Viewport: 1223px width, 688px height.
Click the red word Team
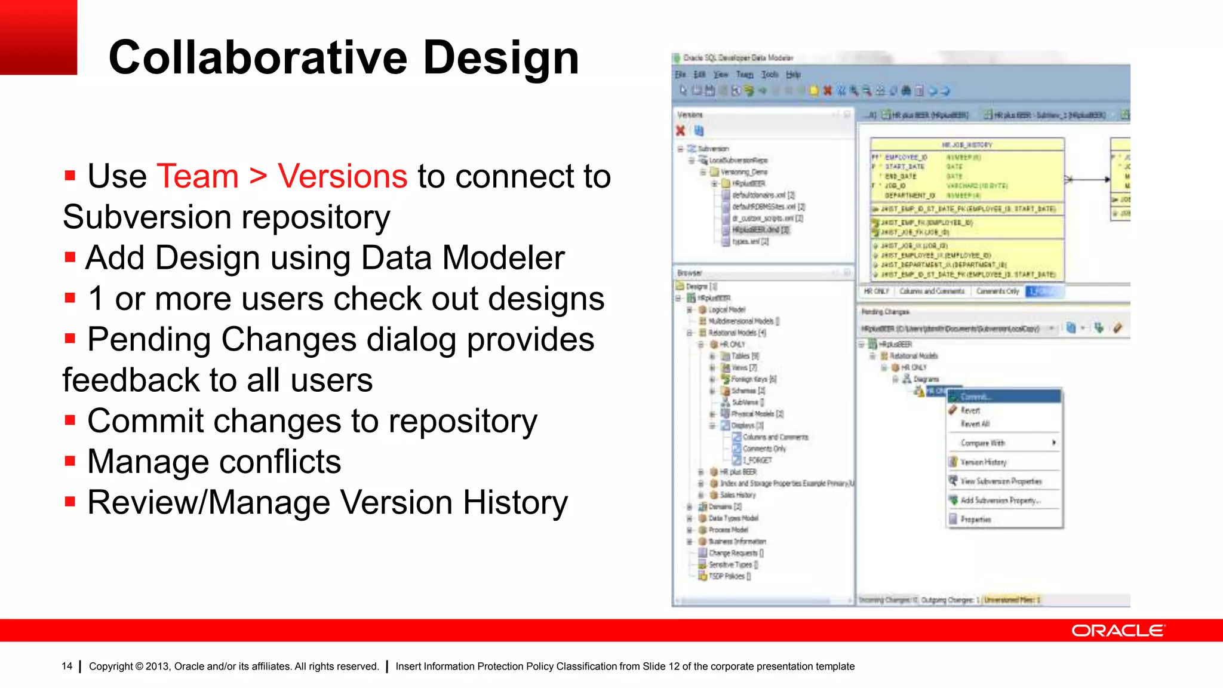(x=198, y=177)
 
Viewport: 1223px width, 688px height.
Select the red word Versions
(x=342, y=177)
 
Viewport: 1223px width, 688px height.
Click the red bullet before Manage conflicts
(x=70, y=461)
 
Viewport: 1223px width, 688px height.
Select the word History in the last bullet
(x=515, y=503)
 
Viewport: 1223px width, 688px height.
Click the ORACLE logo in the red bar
(x=1117, y=631)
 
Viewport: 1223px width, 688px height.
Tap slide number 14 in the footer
(x=67, y=666)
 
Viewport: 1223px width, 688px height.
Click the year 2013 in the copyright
(x=157, y=666)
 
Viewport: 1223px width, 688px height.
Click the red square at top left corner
(x=38, y=37)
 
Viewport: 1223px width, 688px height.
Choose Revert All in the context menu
(x=975, y=424)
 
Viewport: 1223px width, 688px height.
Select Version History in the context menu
(x=983, y=462)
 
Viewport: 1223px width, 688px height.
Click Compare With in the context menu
(x=982, y=443)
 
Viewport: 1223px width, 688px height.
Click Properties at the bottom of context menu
(x=975, y=520)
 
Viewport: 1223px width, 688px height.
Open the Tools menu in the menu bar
(x=770, y=75)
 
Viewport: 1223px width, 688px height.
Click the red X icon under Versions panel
(x=680, y=131)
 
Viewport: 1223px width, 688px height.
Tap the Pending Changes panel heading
(x=885, y=312)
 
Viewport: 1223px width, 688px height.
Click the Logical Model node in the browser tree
(x=727, y=310)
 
